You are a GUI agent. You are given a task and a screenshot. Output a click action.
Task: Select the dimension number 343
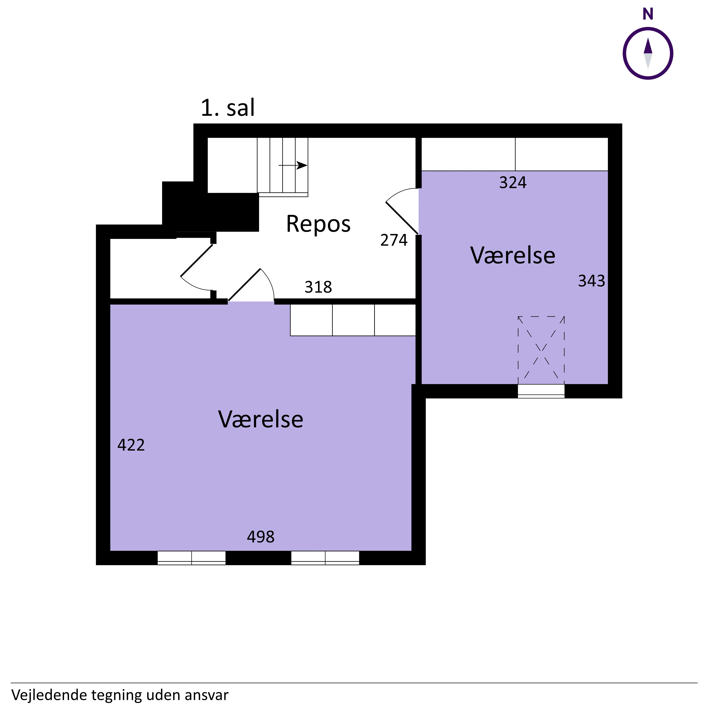tap(591, 281)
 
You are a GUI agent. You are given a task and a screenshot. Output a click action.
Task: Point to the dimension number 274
tap(394, 240)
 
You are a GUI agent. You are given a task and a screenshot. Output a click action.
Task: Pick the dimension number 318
tap(318, 287)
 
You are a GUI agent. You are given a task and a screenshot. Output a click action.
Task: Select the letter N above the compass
tap(648, 14)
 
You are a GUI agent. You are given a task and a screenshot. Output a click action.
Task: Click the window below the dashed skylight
tap(541, 391)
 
